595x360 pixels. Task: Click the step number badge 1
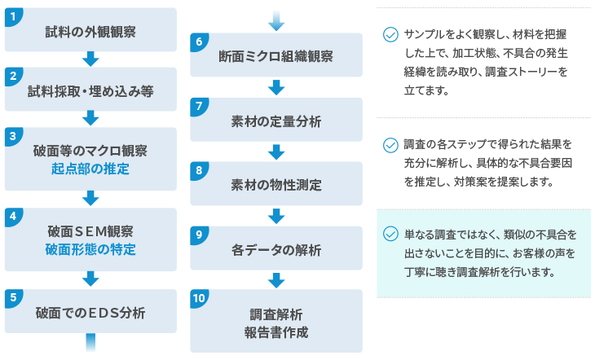point(13,16)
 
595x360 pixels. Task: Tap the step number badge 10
point(199,298)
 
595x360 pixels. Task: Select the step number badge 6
point(199,42)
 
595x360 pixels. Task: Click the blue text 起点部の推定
point(90,169)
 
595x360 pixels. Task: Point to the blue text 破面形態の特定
point(90,249)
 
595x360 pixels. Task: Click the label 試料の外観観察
point(90,32)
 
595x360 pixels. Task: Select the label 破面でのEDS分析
point(90,313)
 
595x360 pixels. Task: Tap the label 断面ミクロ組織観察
point(275,56)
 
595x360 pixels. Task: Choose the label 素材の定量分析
point(275,121)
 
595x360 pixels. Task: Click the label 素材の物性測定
point(275,186)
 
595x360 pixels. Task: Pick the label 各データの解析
point(275,250)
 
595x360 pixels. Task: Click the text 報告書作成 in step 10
point(275,332)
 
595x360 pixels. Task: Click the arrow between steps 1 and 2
point(90,59)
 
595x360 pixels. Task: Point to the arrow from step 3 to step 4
point(90,199)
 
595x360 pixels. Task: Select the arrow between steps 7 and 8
point(276,152)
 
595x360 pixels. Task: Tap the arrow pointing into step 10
point(276,281)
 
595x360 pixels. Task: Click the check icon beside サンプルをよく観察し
point(390,34)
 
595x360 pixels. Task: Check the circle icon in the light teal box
point(390,234)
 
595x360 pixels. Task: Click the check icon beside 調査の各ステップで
point(390,145)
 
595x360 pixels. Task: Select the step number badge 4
point(13,217)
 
